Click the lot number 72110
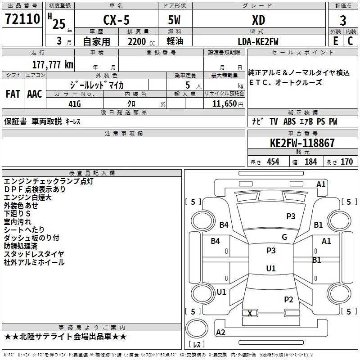[22, 18]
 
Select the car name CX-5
[116, 20]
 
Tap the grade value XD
[258, 20]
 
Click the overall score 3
[343, 20]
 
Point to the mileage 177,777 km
[53, 64]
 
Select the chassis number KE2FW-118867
[302, 143]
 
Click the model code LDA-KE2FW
[258, 41]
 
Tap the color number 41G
[75, 104]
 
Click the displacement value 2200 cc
[141, 41]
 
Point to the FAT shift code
[13, 94]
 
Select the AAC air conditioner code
[35, 94]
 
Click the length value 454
[273, 162]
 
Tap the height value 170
[346, 162]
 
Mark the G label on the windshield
[284, 237]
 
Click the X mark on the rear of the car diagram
[250, 313]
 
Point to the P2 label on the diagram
[288, 299]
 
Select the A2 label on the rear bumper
[220, 332]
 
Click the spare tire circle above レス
[197, 328]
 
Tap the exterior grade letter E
[335, 41]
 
